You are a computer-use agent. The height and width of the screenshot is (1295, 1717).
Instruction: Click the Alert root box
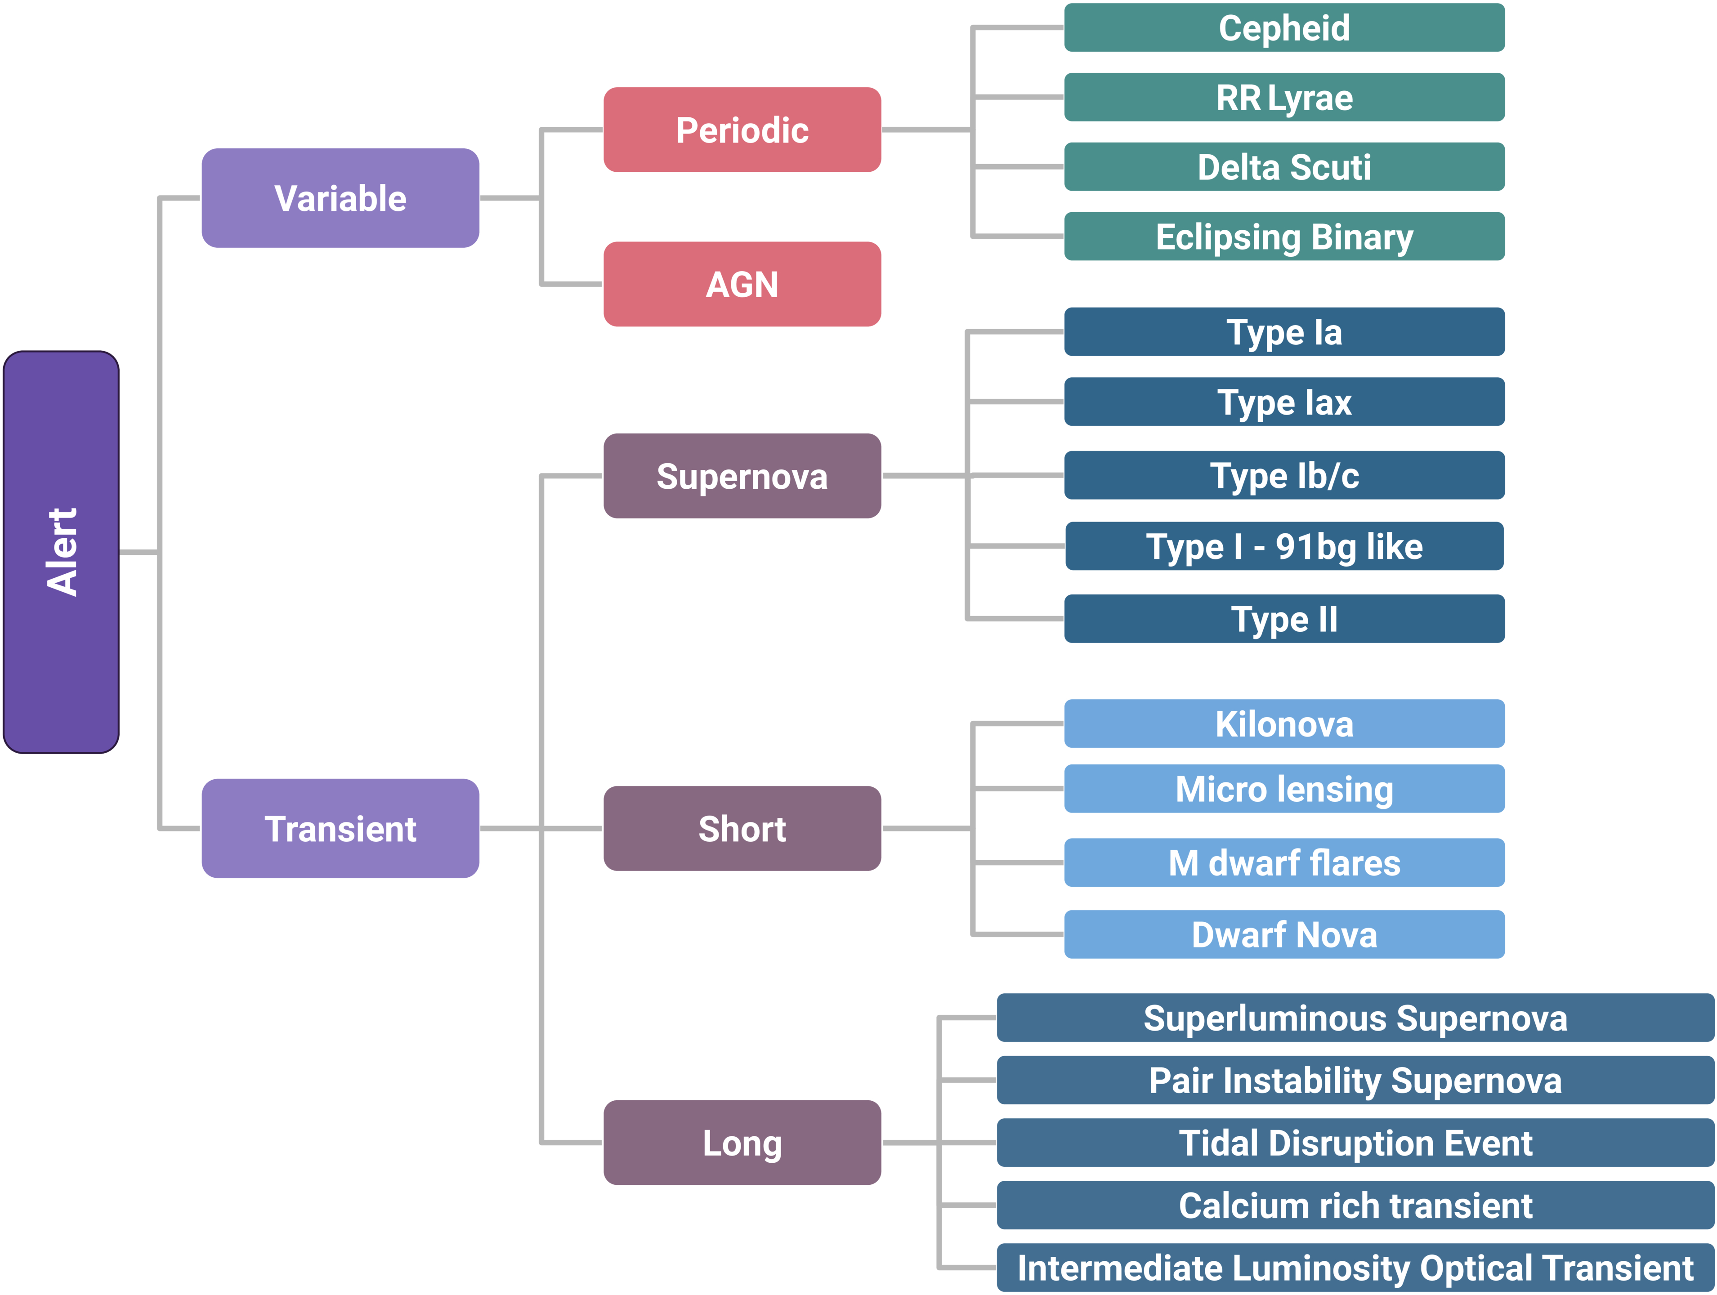[x=61, y=552]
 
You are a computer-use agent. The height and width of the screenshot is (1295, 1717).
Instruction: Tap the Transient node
[x=340, y=829]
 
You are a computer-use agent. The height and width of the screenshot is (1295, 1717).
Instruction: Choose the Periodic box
[x=742, y=129]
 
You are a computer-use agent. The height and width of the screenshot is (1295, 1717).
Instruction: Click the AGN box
[x=742, y=284]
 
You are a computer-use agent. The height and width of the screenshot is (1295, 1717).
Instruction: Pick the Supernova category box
[x=742, y=476]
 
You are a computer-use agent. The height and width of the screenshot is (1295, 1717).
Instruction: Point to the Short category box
[x=742, y=829]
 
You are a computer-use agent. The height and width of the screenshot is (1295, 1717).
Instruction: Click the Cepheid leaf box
[x=1284, y=28]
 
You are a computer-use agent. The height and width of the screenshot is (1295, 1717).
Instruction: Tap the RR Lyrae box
[x=1284, y=98]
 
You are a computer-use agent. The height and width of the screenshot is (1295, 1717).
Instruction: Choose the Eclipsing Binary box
[x=1284, y=237]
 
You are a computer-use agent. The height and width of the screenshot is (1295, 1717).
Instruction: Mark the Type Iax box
[x=1284, y=402]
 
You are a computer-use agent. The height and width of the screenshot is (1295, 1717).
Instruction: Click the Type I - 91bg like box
[x=1284, y=546]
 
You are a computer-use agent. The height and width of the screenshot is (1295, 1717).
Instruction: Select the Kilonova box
[x=1284, y=724]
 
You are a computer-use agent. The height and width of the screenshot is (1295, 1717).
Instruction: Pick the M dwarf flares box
[x=1284, y=863]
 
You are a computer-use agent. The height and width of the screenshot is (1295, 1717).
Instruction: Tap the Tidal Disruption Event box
[x=1355, y=1143]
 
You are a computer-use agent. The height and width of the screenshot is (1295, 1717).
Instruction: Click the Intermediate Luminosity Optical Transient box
[x=1355, y=1268]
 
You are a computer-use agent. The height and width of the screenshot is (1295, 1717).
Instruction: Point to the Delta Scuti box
[x=1284, y=167]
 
